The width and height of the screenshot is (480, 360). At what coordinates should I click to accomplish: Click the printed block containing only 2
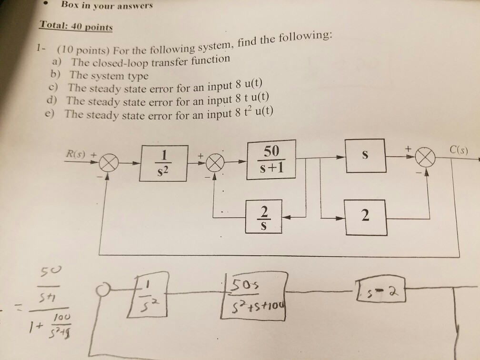(x=365, y=217)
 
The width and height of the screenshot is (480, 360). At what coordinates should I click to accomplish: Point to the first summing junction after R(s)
(x=109, y=165)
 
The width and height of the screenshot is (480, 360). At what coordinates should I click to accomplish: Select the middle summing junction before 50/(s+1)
(x=214, y=163)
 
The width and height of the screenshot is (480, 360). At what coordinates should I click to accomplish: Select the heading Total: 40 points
(x=76, y=26)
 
